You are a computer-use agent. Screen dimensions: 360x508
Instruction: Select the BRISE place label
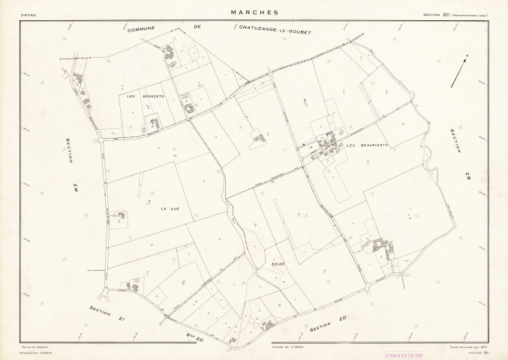click(275, 265)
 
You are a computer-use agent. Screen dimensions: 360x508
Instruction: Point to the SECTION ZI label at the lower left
click(106, 313)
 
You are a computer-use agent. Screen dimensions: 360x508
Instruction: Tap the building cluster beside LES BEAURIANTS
click(328, 146)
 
